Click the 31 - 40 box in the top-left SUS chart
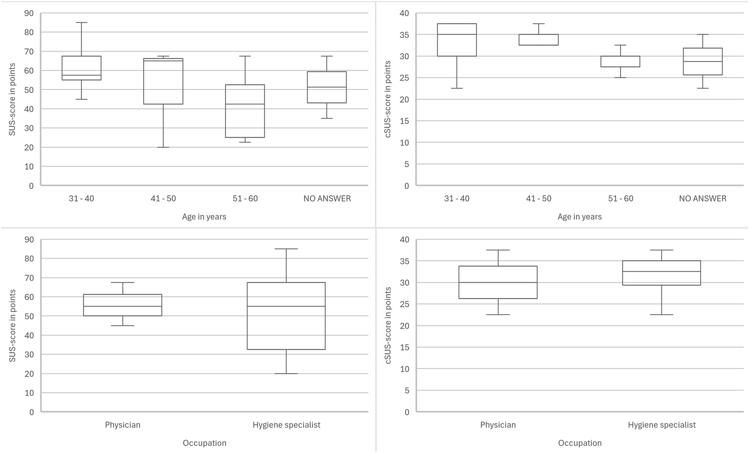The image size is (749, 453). (x=81, y=67)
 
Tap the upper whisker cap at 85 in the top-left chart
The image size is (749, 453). (x=81, y=22)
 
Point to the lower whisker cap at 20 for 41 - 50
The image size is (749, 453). (x=163, y=147)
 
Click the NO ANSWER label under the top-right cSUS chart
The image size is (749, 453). (x=703, y=199)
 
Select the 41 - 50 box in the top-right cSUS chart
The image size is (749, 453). (x=539, y=40)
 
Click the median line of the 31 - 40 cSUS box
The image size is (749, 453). (x=457, y=34)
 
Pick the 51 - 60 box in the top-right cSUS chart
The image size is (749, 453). (x=620, y=61)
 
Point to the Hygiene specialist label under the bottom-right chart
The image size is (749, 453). (x=662, y=425)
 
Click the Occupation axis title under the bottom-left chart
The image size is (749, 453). (x=204, y=443)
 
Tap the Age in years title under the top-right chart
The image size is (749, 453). (x=579, y=217)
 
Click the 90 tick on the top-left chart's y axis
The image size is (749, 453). (x=29, y=13)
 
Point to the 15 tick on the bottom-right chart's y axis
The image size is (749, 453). (x=404, y=347)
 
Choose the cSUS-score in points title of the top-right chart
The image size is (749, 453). (x=388, y=99)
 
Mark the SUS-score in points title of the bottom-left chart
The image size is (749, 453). (x=12, y=325)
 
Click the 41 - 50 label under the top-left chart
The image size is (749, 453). (x=163, y=199)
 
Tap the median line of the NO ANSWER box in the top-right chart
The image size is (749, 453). (x=703, y=61)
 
